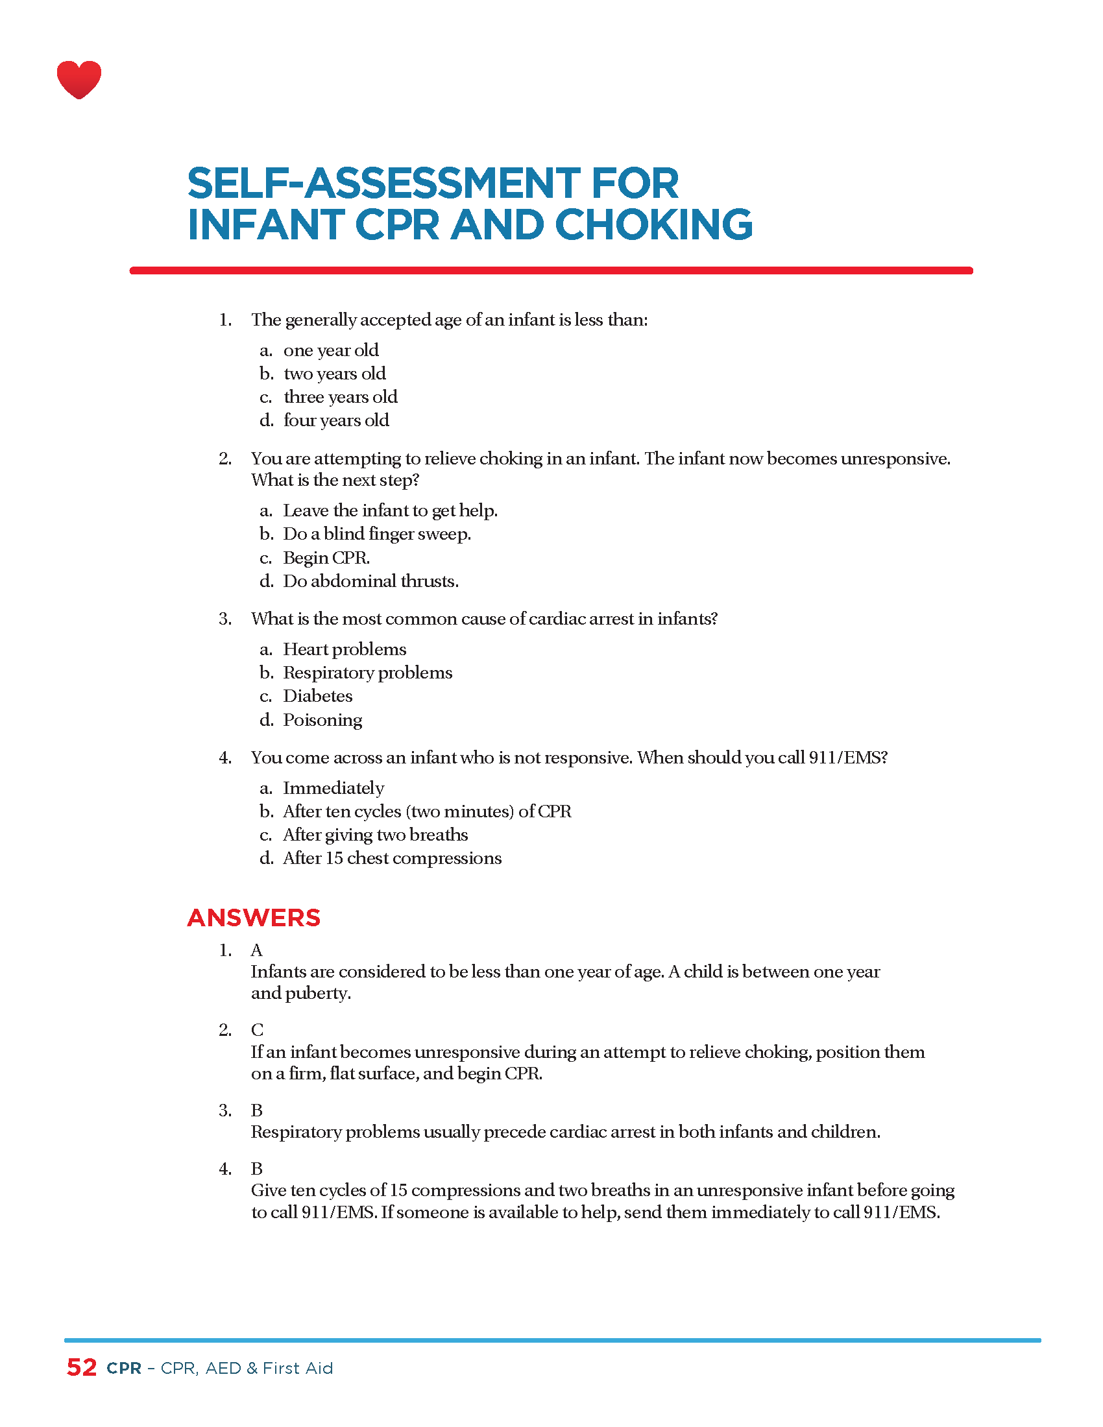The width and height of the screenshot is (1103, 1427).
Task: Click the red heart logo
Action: (x=79, y=80)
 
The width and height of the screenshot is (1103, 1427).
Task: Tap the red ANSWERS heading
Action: (x=254, y=918)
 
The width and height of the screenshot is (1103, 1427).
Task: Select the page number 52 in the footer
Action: (x=82, y=1367)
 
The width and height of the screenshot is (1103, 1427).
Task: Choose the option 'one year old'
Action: (x=331, y=350)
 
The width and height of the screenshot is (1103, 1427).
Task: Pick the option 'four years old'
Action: (x=336, y=420)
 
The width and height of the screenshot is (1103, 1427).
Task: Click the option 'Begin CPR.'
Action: (x=326, y=558)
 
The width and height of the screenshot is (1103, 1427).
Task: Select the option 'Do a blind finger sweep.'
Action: (x=376, y=534)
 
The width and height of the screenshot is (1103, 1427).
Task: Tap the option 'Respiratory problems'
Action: (x=367, y=673)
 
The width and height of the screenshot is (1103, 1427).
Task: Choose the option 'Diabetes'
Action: (x=317, y=696)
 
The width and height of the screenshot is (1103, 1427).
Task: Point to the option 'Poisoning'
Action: (x=322, y=720)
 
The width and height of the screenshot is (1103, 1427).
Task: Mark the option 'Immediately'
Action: (x=333, y=788)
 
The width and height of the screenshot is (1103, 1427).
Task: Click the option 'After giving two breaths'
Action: (x=375, y=835)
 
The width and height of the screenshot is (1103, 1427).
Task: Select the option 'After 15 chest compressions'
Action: (x=392, y=858)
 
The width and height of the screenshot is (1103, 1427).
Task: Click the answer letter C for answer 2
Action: (x=258, y=1031)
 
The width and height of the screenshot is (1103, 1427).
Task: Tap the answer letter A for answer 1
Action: (x=257, y=950)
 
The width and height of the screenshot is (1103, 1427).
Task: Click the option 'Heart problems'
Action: (x=345, y=649)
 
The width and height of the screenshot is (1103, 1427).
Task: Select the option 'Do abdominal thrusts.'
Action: (x=370, y=582)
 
